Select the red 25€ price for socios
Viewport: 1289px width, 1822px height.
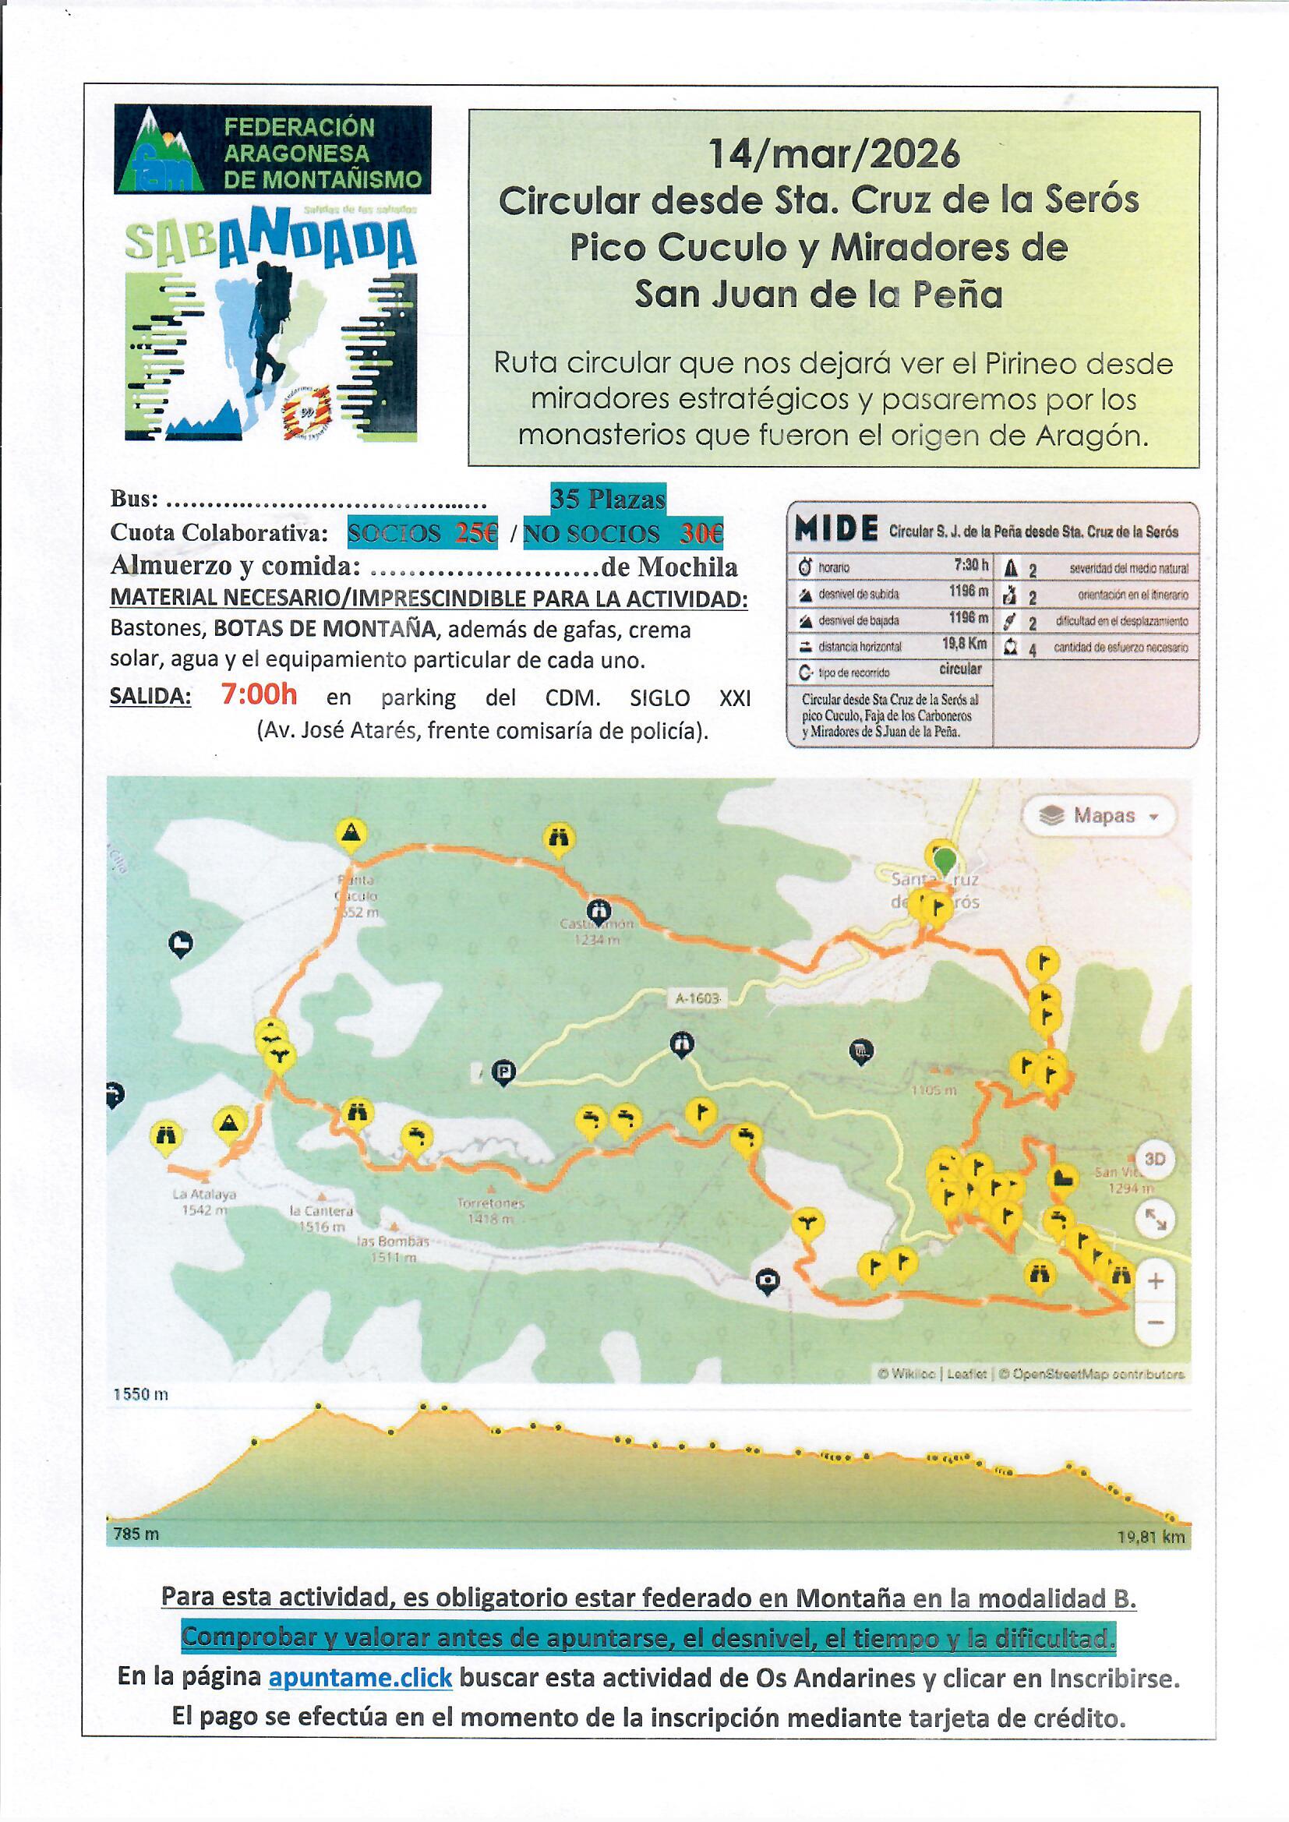coord(476,533)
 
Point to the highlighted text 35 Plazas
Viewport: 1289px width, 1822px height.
coord(608,500)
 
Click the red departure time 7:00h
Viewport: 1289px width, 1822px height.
coord(259,695)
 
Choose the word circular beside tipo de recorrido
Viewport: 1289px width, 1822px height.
coord(960,669)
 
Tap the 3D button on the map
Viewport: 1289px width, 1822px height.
coord(1155,1160)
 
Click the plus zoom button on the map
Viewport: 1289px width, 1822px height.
coord(1156,1281)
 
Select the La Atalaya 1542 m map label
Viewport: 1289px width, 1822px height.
coord(203,1202)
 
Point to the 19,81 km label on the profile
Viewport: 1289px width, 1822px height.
coord(1150,1536)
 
